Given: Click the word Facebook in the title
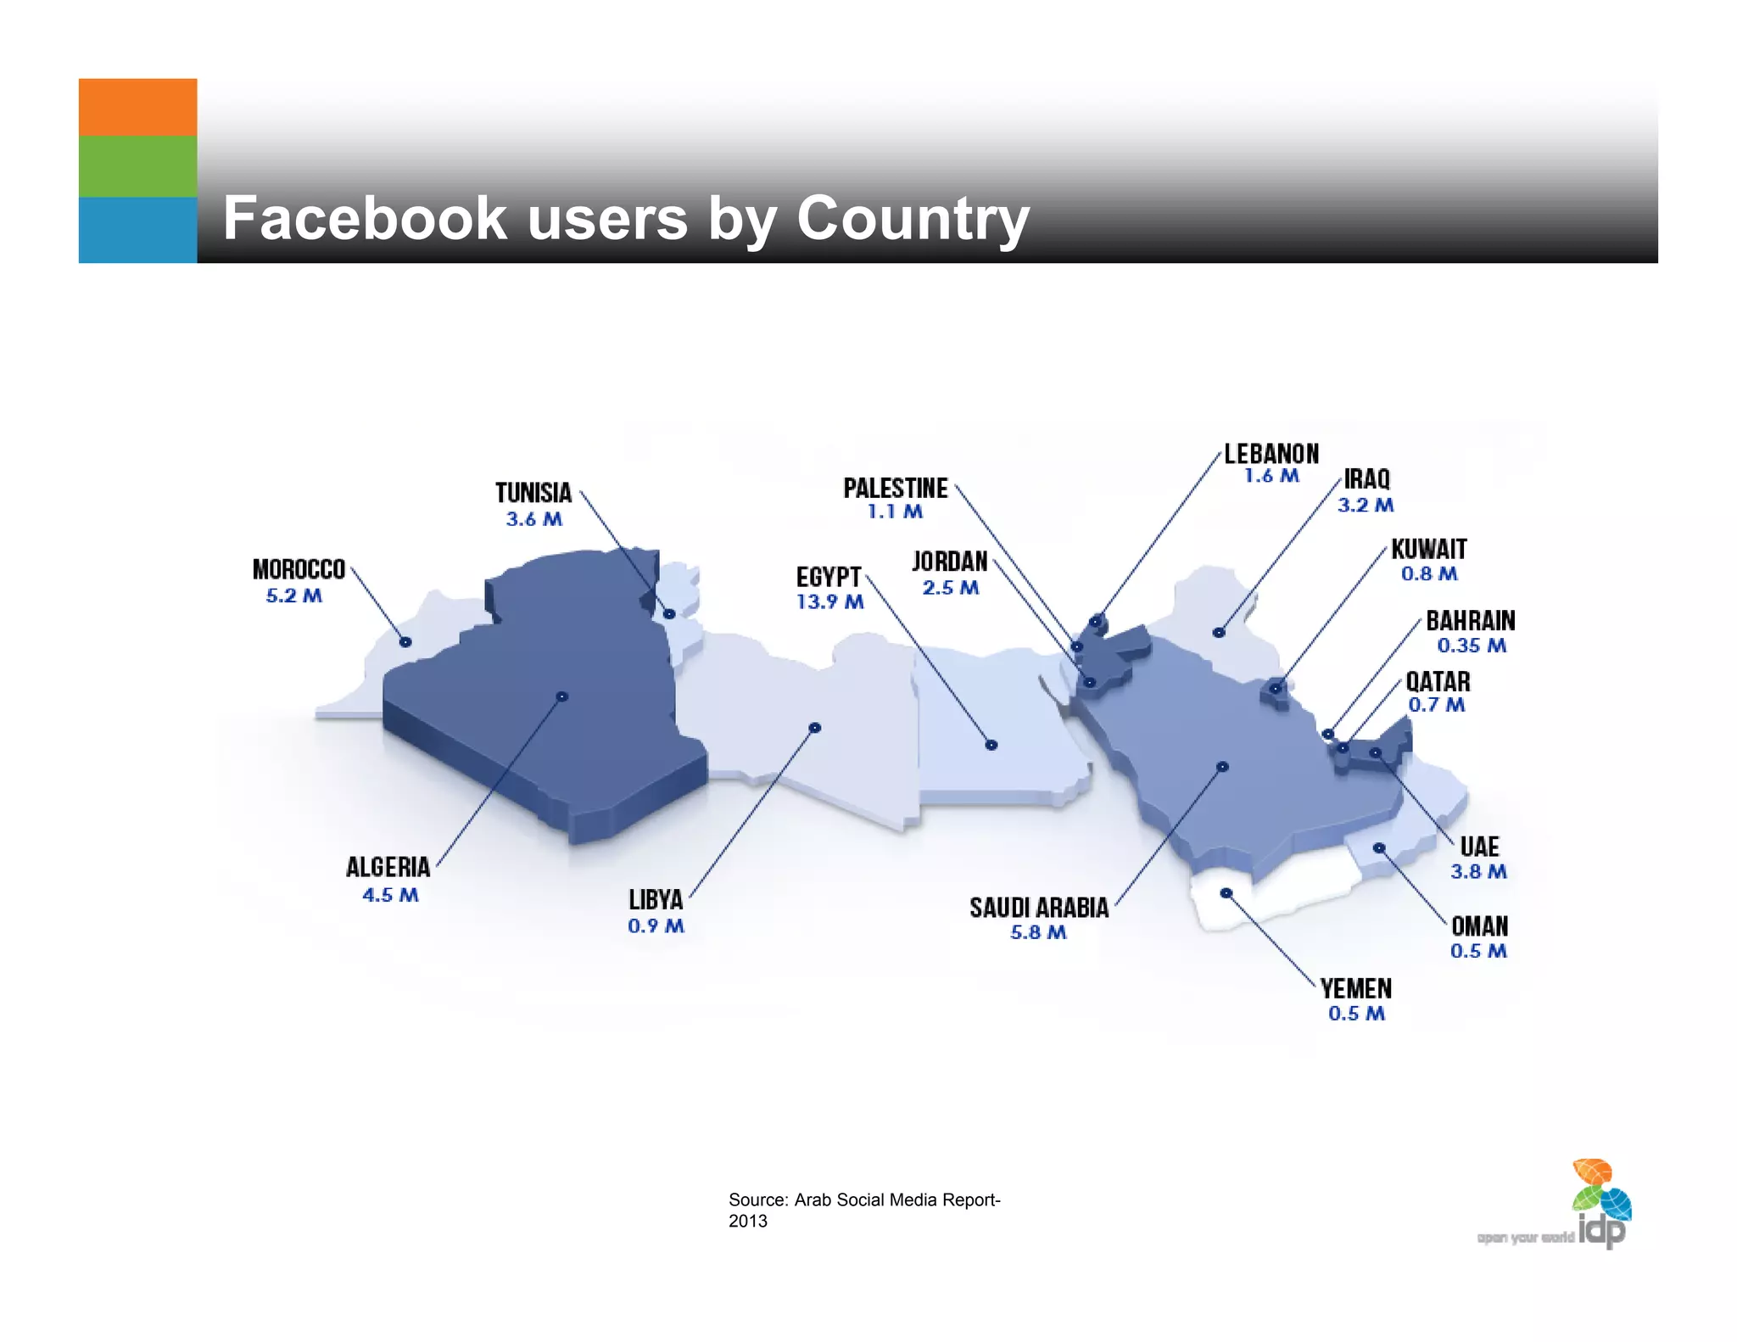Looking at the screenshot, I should pos(365,219).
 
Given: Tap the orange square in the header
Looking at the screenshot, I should pos(137,108).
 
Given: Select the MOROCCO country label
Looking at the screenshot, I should pos(299,569).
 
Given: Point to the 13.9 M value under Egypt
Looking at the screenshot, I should pos(829,602).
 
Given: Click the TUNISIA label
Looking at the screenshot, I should pos(533,493).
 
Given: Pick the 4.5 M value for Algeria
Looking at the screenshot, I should pos(390,895).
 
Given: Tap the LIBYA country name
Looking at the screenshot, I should pos(656,899).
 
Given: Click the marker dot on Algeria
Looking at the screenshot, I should pos(561,696).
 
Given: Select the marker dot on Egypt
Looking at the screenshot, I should pos(991,745).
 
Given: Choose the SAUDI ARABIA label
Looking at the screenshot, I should pos(1039,908).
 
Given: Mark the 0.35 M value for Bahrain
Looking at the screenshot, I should pos(1472,646).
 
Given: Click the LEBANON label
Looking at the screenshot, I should pos(1271,454).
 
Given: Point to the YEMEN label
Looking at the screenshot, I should pos(1356,989).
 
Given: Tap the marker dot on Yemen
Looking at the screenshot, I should pos(1226,892).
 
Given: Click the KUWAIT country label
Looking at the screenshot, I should pos(1429,550).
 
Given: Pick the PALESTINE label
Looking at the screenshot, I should pos(896,489).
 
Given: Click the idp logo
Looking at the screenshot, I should pos(1601,1205).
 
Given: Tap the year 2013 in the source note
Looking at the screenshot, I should pos(748,1222).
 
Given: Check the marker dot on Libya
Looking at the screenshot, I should pos(814,728).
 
